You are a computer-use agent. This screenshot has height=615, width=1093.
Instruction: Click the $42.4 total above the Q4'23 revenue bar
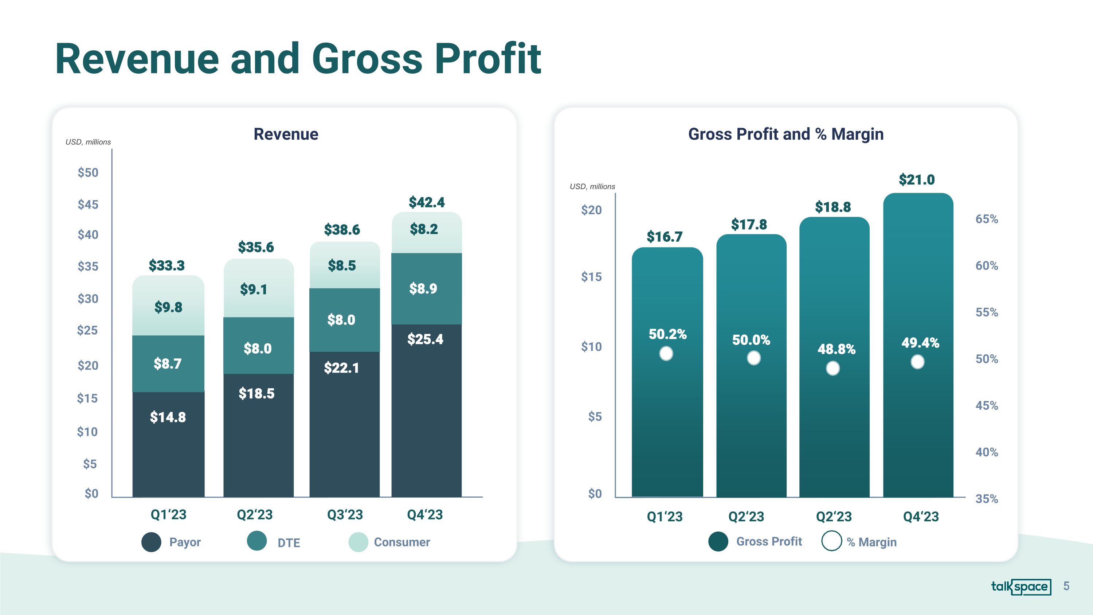(426, 202)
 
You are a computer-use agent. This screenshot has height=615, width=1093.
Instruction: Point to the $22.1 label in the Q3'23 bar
(342, 367)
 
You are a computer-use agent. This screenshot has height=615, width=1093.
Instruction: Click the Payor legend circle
(151, 542)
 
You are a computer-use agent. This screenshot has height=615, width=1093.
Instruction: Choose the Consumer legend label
(401, 542)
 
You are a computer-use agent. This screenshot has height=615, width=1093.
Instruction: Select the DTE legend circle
(257, 541)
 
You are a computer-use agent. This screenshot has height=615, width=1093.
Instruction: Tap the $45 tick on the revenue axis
(88, 205)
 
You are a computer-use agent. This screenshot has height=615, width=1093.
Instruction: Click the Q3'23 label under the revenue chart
(345, 514)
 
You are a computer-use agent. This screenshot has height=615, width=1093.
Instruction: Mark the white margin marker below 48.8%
(833, 368)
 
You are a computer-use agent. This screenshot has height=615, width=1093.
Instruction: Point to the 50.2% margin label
(667, 334)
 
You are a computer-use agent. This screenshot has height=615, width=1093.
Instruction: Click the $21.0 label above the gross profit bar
(917, 179)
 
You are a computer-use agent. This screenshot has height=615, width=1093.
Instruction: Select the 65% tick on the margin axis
(987, 219)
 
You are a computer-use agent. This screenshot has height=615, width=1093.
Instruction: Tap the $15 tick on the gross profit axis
(591, 277)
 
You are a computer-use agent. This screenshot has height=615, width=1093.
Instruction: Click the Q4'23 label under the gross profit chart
(921, 517)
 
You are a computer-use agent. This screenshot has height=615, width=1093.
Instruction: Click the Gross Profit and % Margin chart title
(786, 134)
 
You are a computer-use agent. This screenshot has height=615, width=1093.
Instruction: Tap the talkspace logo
(1020, 587)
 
